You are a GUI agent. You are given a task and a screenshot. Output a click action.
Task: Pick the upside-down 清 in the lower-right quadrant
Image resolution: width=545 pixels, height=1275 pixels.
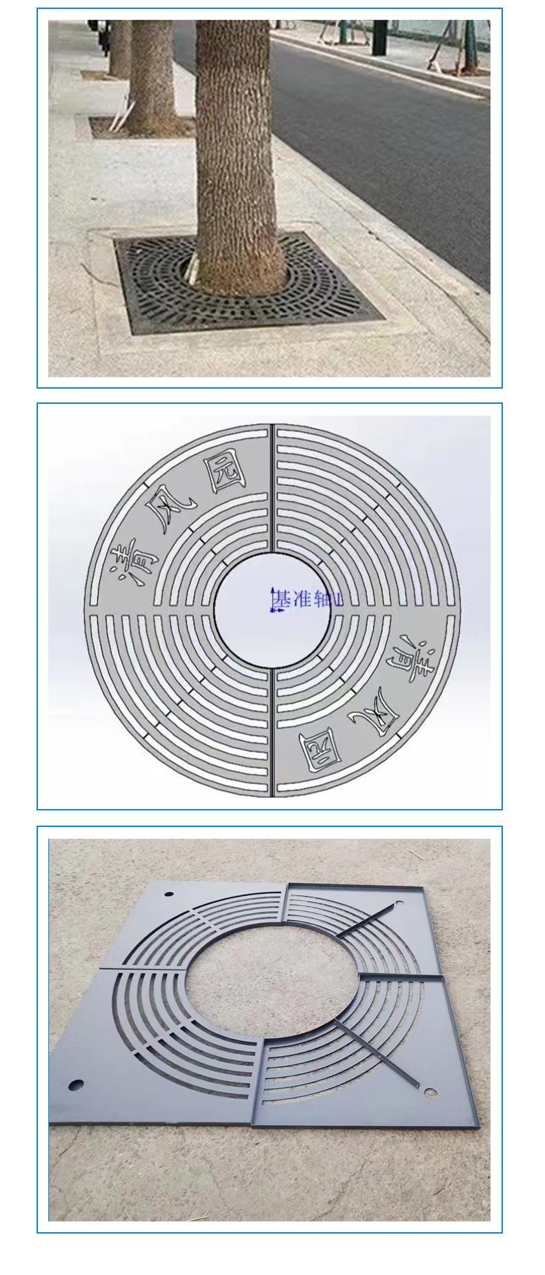415,655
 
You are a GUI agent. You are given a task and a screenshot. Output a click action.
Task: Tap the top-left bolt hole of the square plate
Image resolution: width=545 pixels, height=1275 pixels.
170,895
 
